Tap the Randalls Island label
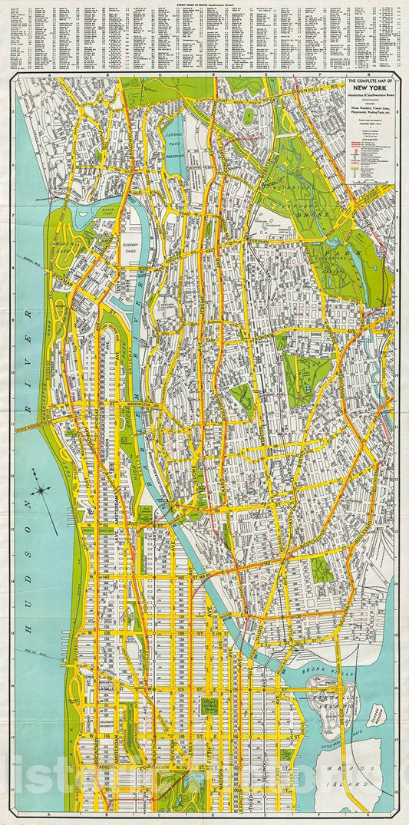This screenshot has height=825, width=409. coord(335,705)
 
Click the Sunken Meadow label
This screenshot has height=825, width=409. coord(380,714)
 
